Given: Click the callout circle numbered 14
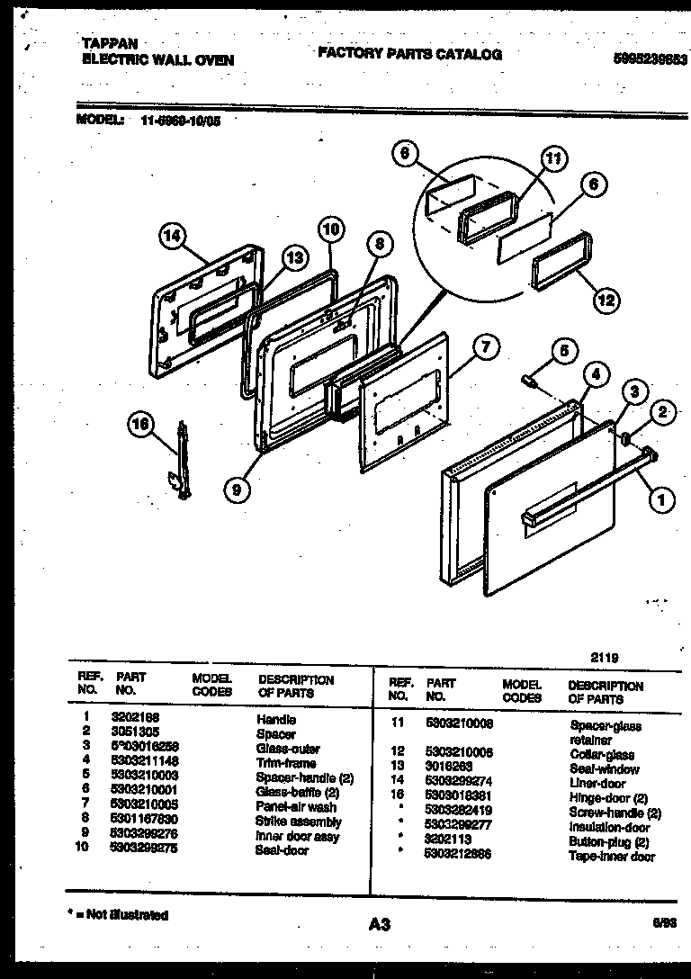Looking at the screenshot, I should click(174, 237).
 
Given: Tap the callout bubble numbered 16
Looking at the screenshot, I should click(141, 426).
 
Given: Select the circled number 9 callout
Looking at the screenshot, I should click(237, 489).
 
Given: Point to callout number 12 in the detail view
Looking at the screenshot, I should click(606, 299).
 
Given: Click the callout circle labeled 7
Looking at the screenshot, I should click(485, 348).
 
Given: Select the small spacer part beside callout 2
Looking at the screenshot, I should click(623, 438).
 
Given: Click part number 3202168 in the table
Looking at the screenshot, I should click(137, 719).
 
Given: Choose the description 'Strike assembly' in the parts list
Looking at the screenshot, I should click(298, 822).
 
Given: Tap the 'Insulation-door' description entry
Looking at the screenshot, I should click(609, 827).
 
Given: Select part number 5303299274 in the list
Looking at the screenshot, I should click(458, 784).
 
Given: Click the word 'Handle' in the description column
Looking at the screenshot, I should click(275, 719).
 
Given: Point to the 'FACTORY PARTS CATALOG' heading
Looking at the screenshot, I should click(409, 55).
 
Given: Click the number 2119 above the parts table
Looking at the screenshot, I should click(604, 658).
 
